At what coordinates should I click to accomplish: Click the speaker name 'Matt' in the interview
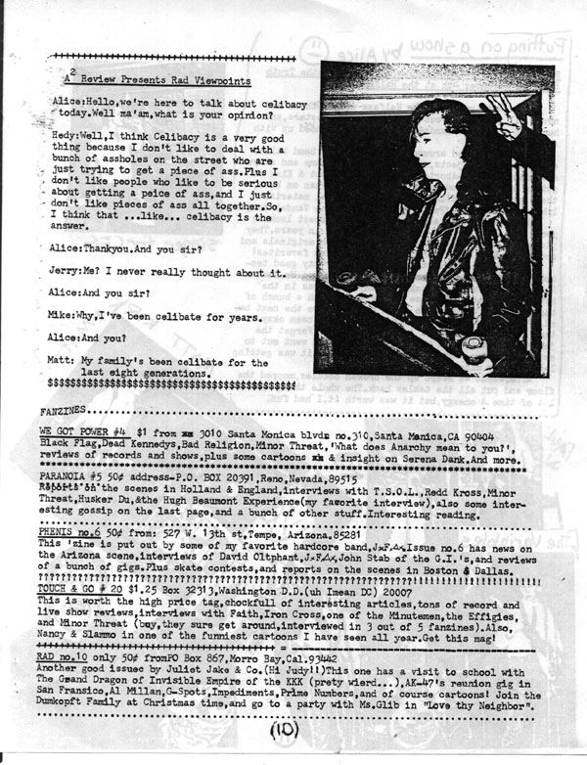[62, 361]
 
